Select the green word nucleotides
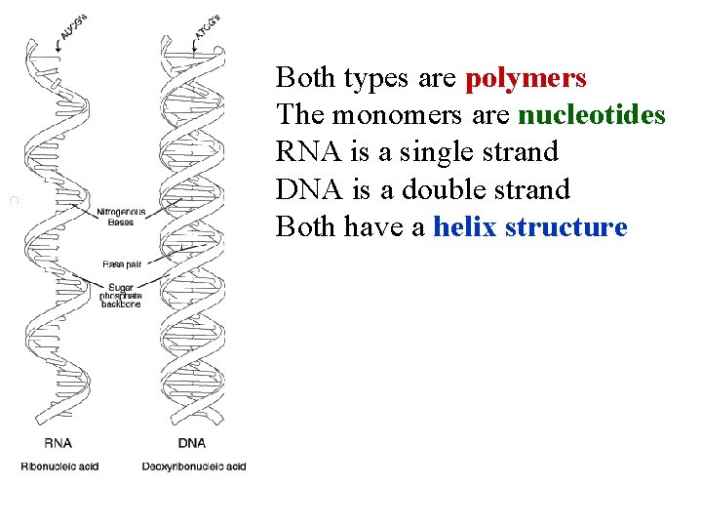(592, 116)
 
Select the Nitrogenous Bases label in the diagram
(121, 217)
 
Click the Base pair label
(123, 264)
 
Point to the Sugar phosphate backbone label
(121, 296)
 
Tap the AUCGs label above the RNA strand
(73, 28)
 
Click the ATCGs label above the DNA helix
(207, 29)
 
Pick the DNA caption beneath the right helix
(192, 443)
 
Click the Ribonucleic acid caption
(59, 466)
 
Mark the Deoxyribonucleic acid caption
(194, 466)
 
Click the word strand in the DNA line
(532, 190)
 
